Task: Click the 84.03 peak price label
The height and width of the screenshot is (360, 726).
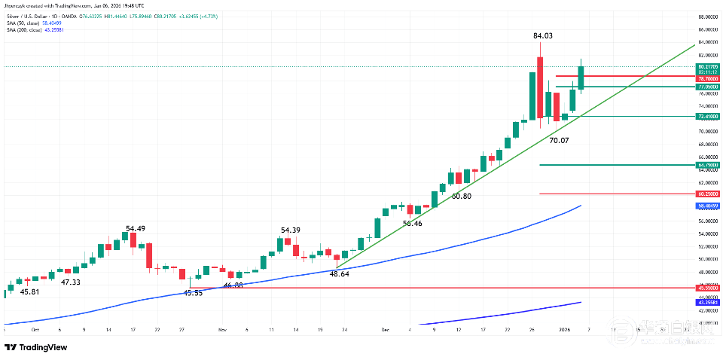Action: [x=543, y=35]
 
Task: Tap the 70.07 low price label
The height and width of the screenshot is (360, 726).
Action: [x=559, y=140]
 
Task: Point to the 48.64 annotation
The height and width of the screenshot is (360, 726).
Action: [x=339, y=275]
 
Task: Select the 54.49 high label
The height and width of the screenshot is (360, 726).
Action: [x=136, y=228]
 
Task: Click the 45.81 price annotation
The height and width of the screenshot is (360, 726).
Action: [x=29, y=291]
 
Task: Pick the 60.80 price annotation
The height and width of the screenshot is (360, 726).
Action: [x=461, y=196]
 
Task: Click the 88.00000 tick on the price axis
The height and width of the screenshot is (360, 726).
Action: [x=707, y=17]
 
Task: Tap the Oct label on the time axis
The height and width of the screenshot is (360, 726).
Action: [x=35, y=330]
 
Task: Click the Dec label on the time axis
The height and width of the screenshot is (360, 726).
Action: [x=385, y=330]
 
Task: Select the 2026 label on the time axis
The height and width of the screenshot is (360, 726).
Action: [x=564, y=330]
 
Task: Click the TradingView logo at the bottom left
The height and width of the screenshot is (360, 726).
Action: [x=35, y=347]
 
